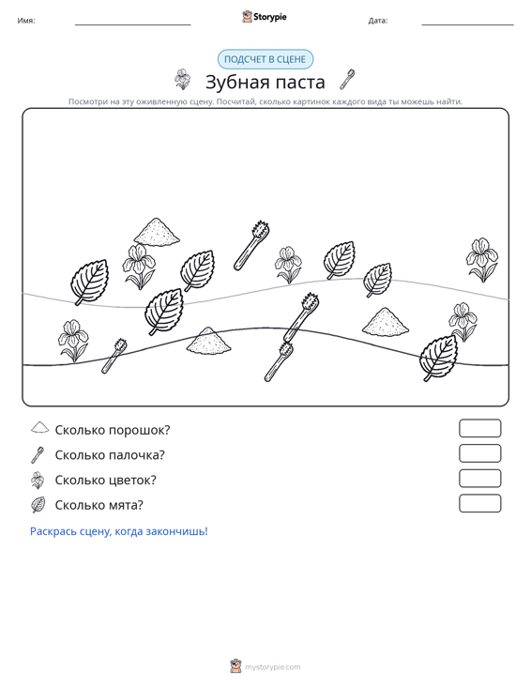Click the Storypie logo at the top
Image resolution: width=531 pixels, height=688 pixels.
[265, 17]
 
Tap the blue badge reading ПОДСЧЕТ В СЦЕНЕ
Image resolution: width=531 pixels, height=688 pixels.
[265, 59]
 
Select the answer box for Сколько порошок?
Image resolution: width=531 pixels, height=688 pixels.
[479, 428]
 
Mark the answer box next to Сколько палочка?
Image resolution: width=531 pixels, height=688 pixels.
[479, 453]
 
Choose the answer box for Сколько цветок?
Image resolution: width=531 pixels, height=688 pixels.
[479, 479]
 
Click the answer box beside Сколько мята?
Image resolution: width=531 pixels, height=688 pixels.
[479, 503]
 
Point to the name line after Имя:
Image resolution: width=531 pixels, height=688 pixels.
[133, 24]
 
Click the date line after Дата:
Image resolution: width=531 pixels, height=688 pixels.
[467, 24]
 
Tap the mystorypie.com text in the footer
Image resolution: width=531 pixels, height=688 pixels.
[273, 667]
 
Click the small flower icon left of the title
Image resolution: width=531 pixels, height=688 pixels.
[182, 80]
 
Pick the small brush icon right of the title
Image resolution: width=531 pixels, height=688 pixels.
[347, 80]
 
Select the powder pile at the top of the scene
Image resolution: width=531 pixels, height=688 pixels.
[157, 231]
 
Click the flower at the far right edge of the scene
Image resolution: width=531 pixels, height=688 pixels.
[482, 260]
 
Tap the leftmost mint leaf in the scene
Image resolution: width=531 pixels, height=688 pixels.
[89, 282]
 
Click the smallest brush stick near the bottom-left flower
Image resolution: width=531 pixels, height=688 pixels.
[114, 356]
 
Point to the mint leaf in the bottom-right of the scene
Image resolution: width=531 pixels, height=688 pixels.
[439, 358]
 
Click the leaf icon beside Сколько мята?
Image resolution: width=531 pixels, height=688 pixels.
[38, 505]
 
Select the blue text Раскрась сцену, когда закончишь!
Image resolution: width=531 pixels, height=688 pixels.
[119, 531]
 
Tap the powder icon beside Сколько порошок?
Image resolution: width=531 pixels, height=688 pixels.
[40, 427]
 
